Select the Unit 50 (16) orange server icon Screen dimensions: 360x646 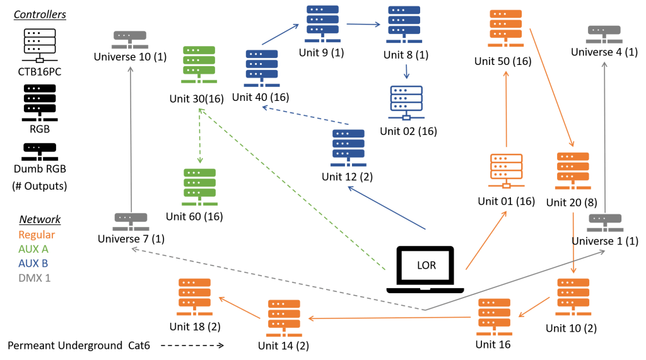pos(505,29)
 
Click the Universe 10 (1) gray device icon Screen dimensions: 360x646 pos(130,39)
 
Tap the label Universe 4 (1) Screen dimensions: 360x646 pos(604,52)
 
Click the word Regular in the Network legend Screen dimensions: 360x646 pos(37,235)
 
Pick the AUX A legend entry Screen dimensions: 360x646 pos(34,249)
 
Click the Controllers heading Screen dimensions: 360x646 pos(40,15)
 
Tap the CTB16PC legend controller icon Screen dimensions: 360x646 pos(39,45)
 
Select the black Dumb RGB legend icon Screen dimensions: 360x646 pos(39,151)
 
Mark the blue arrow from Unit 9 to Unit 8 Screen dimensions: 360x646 pos(364,25)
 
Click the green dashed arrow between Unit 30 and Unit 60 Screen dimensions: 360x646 pos(199,136)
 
